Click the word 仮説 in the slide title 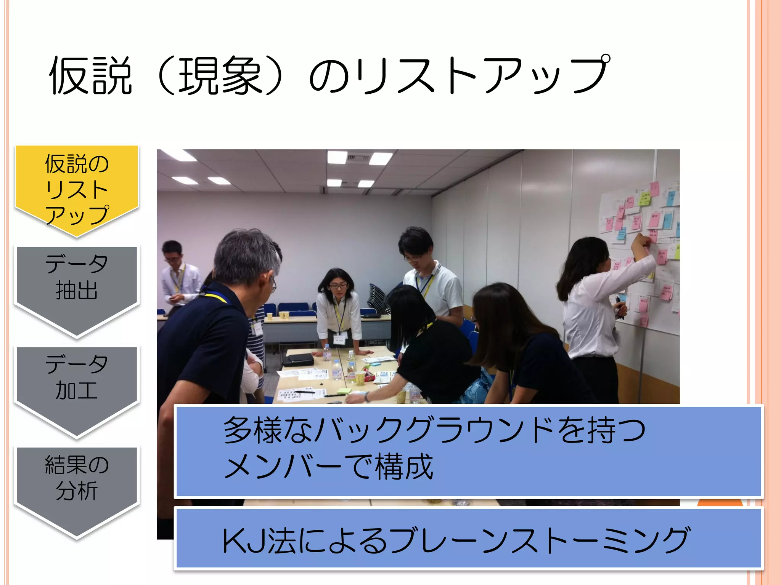pyautogui.click(x=90, y=75)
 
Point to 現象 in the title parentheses pyautogui.click(x=220, y=75)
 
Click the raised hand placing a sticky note pyautogui.click(x=641, y=241)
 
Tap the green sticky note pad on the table pyautogui.click(x=344, y=391)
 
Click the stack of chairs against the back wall pyautogui.click(x=378, y=297)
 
